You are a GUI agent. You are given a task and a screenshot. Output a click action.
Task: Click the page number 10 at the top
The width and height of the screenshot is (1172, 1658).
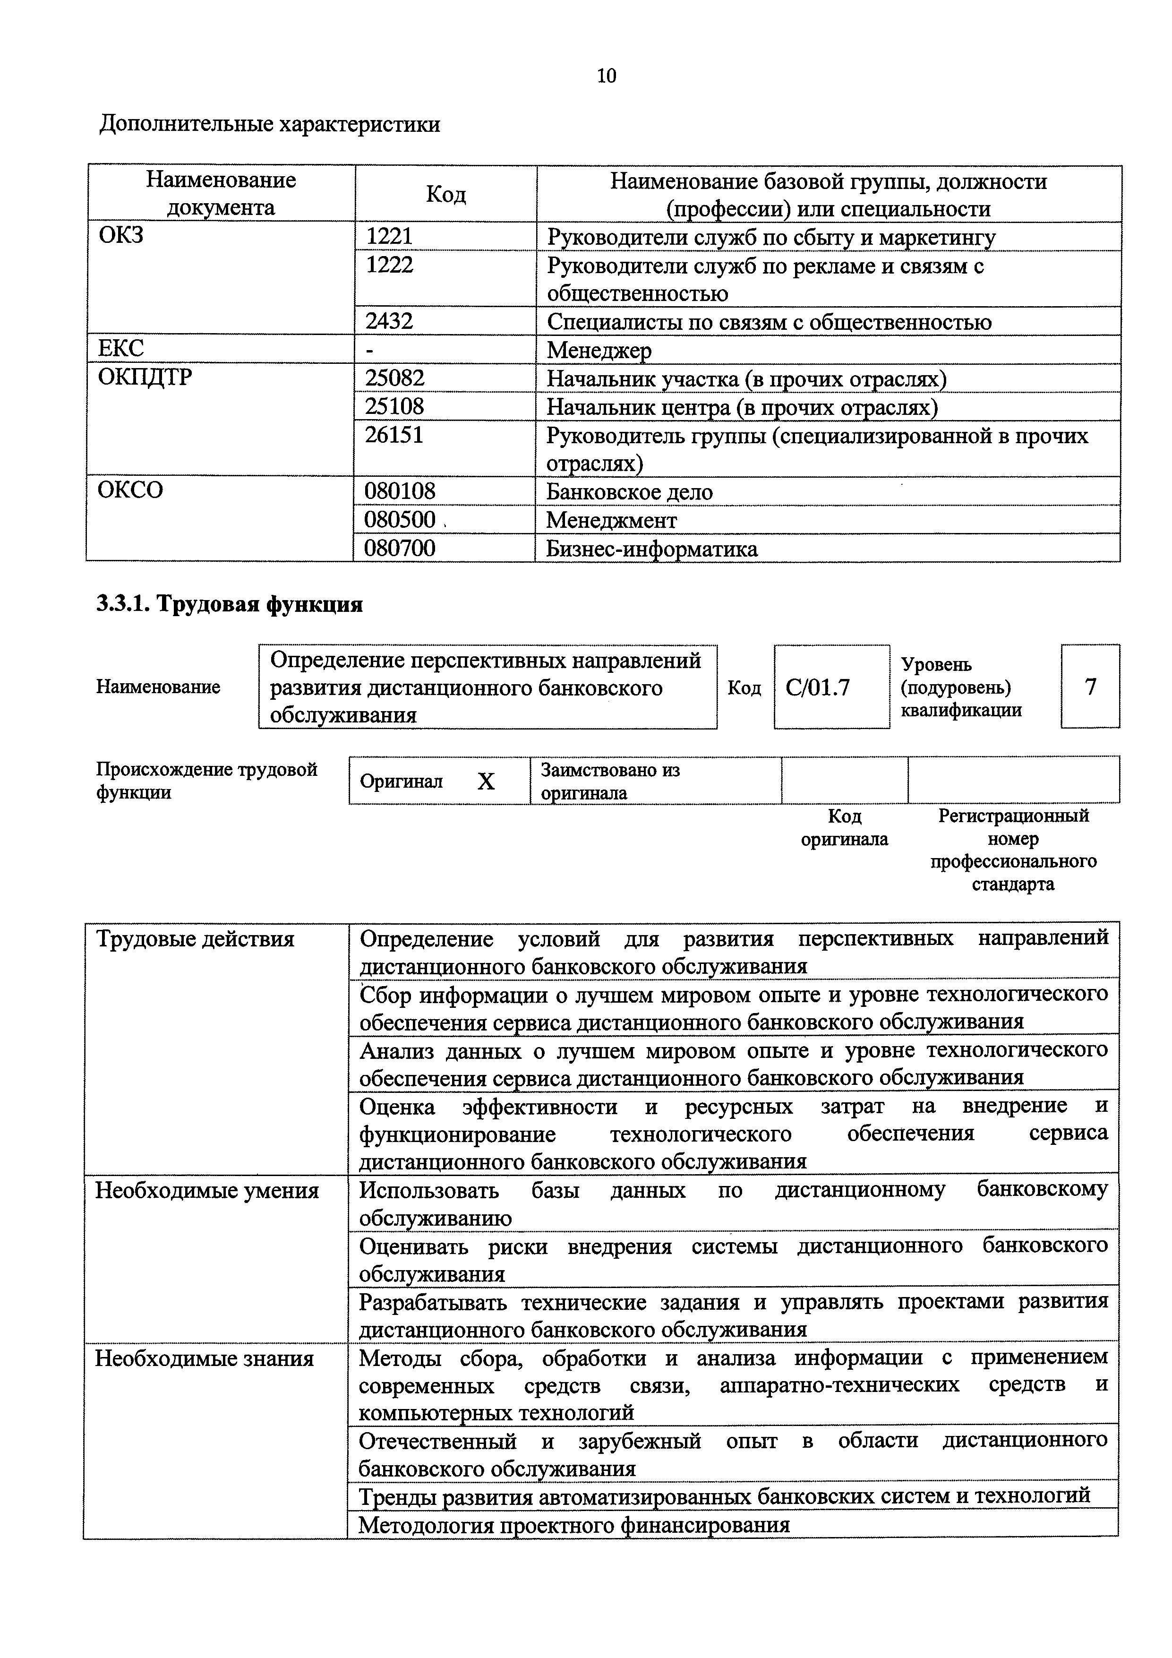(x=607, y=76)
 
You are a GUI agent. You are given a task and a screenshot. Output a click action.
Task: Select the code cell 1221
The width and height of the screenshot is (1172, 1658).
(x=389, y=236)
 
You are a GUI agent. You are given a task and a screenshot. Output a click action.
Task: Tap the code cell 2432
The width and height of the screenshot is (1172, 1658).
(x=389, y=321)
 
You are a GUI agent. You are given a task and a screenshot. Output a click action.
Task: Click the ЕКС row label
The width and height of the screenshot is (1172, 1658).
(x=121, y=349)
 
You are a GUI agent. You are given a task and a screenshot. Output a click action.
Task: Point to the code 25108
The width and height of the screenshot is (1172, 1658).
(x=394, y=406)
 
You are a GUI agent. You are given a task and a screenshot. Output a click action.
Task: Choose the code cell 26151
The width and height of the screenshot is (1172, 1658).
(x=394, y=435)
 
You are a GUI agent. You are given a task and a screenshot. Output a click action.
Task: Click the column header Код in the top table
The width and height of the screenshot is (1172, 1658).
(x=445, y=194)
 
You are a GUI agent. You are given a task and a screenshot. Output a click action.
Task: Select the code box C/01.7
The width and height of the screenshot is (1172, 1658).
(x=817, y=687)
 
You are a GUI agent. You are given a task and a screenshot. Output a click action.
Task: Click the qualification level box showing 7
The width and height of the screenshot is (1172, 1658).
(x=1090, y=686)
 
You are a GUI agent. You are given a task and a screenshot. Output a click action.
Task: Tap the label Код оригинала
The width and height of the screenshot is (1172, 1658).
(x=844, y=827)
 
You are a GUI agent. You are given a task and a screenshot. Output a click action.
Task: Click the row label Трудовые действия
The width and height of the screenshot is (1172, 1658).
(x=196, y=939)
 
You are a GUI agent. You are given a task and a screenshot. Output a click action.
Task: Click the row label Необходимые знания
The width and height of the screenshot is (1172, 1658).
(x=205, y=1359)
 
